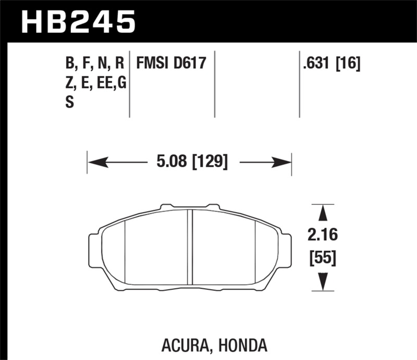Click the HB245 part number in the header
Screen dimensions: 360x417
point(78,22)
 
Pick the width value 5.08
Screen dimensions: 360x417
point(170,162)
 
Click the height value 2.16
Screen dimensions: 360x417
point(323,235)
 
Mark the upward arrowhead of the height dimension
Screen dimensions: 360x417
point(323,213)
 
